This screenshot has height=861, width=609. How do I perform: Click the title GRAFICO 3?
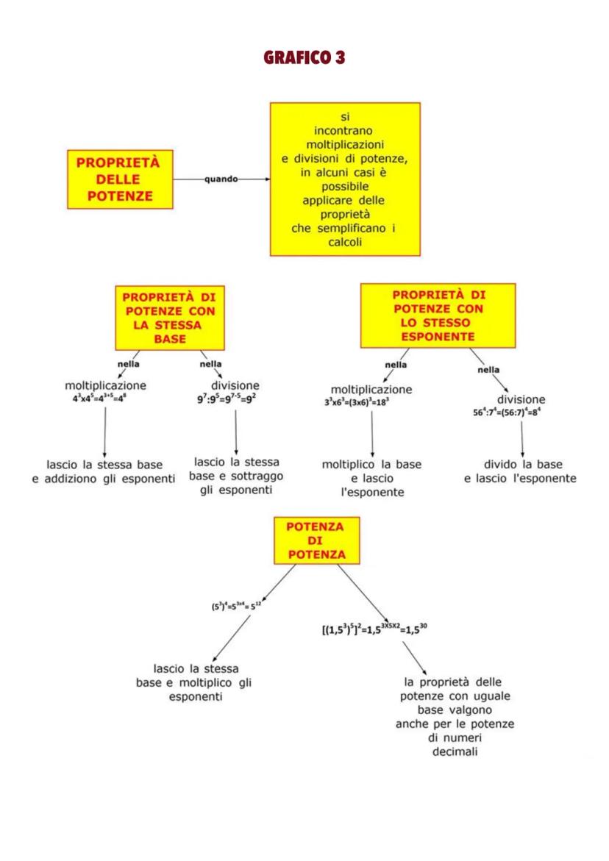304,57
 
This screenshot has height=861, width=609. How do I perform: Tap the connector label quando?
221,179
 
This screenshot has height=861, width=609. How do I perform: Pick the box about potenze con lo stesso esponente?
438,315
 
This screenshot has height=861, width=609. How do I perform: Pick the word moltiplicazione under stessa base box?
106,386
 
